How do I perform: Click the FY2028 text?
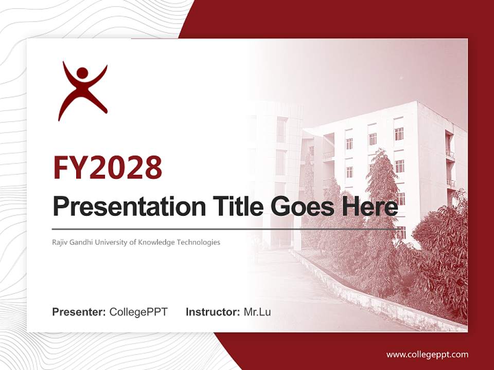[x=108, y=168]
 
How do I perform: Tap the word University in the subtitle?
[x=116, y=242]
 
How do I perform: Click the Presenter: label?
[x=79, y=312]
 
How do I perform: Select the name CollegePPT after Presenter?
[x=138, y=312]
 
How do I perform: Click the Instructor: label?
[x=213, y=312]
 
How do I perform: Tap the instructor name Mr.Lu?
[x=257, y=312]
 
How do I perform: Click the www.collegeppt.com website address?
[x=427, y=354]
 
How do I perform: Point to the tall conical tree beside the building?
[x=381, y=200]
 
